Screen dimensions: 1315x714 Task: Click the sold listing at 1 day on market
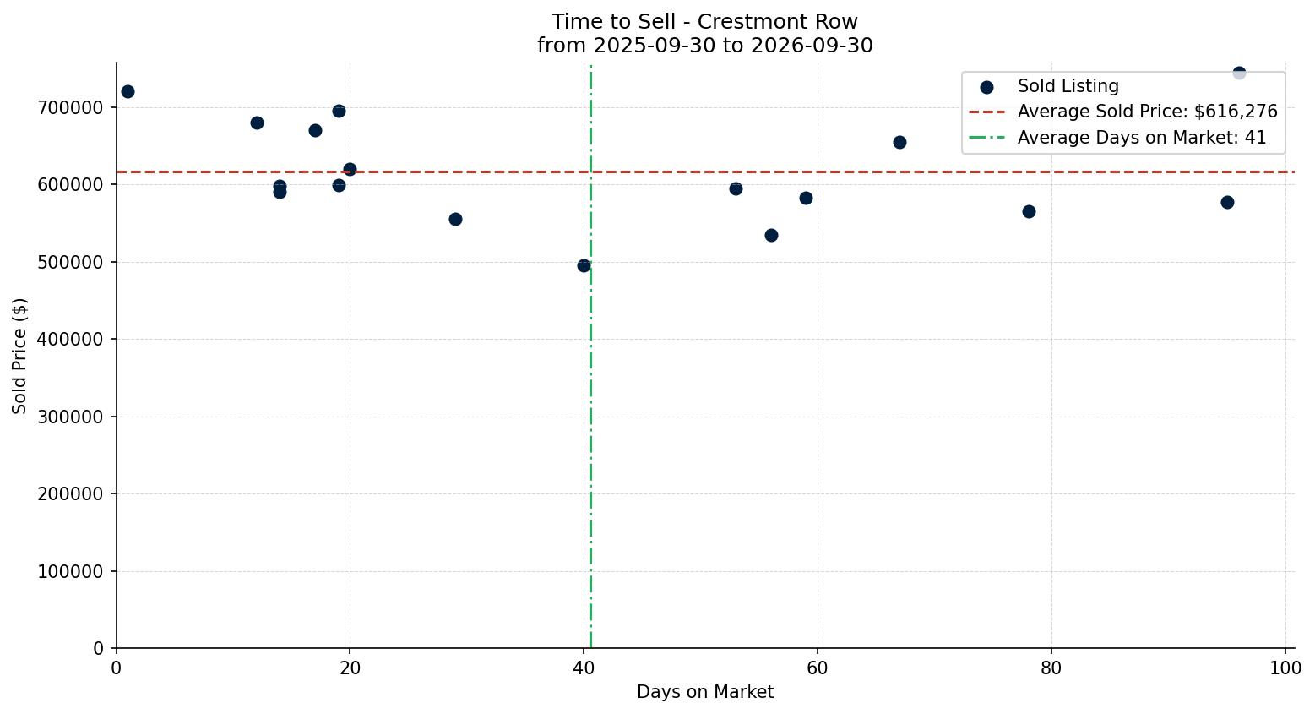click(x=128, y=91)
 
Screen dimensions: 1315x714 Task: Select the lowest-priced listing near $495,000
click(x=584, y=266)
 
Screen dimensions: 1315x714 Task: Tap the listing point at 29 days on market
click(x=455, y=220)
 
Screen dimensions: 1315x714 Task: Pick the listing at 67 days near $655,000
click(x=899, y=143)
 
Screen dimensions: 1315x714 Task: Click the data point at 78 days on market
click(x=1029, y=212)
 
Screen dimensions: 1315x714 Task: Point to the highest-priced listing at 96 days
click(x=1239, y=73)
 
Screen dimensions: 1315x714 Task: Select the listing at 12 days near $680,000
click(x=257, y=123)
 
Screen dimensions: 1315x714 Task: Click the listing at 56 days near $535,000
click(x=771, y=236)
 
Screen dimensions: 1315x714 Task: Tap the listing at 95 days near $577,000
click(x=1227, y=203)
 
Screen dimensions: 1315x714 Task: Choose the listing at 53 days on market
click(x=736, y=189)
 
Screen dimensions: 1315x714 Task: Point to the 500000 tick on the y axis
click(x=70, y=263)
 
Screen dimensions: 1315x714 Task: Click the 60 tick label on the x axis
click(x=818, y=668)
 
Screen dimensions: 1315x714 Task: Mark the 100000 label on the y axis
click(x=70, y=571)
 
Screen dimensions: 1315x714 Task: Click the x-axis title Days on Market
click(x=705, y=692)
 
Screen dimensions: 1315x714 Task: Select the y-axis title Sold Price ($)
click(x=19, y=356)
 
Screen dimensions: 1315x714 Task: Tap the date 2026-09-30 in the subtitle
click(x=812, y=46)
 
